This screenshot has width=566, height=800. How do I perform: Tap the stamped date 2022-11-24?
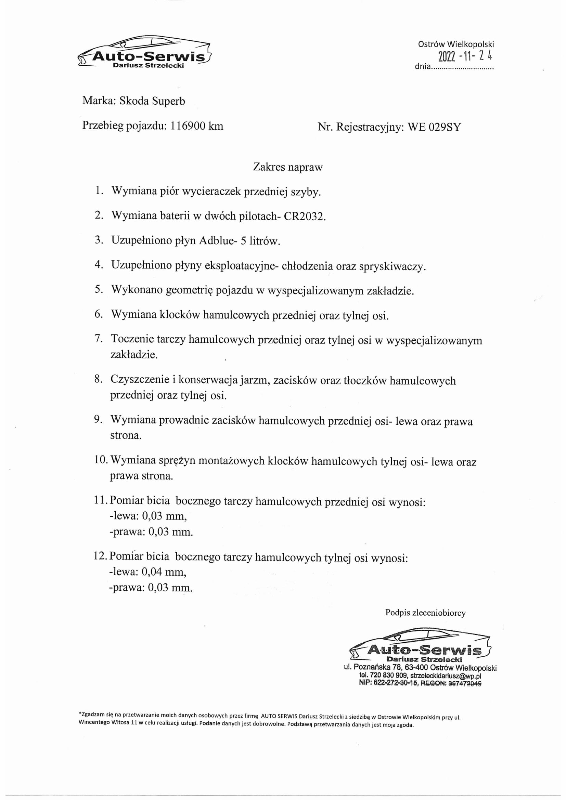(465, 56)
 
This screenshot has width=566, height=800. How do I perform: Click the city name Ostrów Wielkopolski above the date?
(456, 44)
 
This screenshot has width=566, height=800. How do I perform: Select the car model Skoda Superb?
(152, 101)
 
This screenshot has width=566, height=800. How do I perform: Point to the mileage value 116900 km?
(196, 126)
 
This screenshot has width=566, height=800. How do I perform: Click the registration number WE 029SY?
(434, 127)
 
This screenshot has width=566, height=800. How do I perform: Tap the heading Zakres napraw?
(287, 167)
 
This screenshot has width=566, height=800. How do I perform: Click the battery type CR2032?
(304, 217)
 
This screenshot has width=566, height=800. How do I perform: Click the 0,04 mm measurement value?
(164, 572)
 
